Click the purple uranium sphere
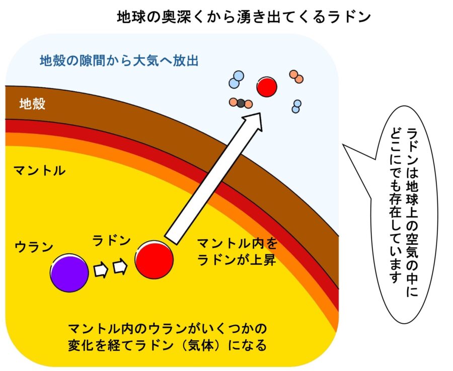click(x=69, y=273)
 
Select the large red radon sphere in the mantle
click(x=155, y=259)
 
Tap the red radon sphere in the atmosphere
click(x=267, y=87)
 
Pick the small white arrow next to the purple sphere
click(x=101, y=270)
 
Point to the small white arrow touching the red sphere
click(x=120, y=267)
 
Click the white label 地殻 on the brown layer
click(x=32, y=104)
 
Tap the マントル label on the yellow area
click(x=40, y=171)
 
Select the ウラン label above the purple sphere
click(x=34, y=247)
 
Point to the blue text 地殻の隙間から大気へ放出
click(x=119, y=61)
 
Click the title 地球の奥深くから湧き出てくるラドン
click(x=244, y=17)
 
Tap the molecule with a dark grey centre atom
click(x=241, y=103)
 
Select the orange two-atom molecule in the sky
click(x=296, y=77)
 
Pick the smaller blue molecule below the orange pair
click(x=296, y=106)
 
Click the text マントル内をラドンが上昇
click(x=237, y=252)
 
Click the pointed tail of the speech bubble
click(x=343, y=144)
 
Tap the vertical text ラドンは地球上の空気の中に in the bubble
click(x=412, y=212)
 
